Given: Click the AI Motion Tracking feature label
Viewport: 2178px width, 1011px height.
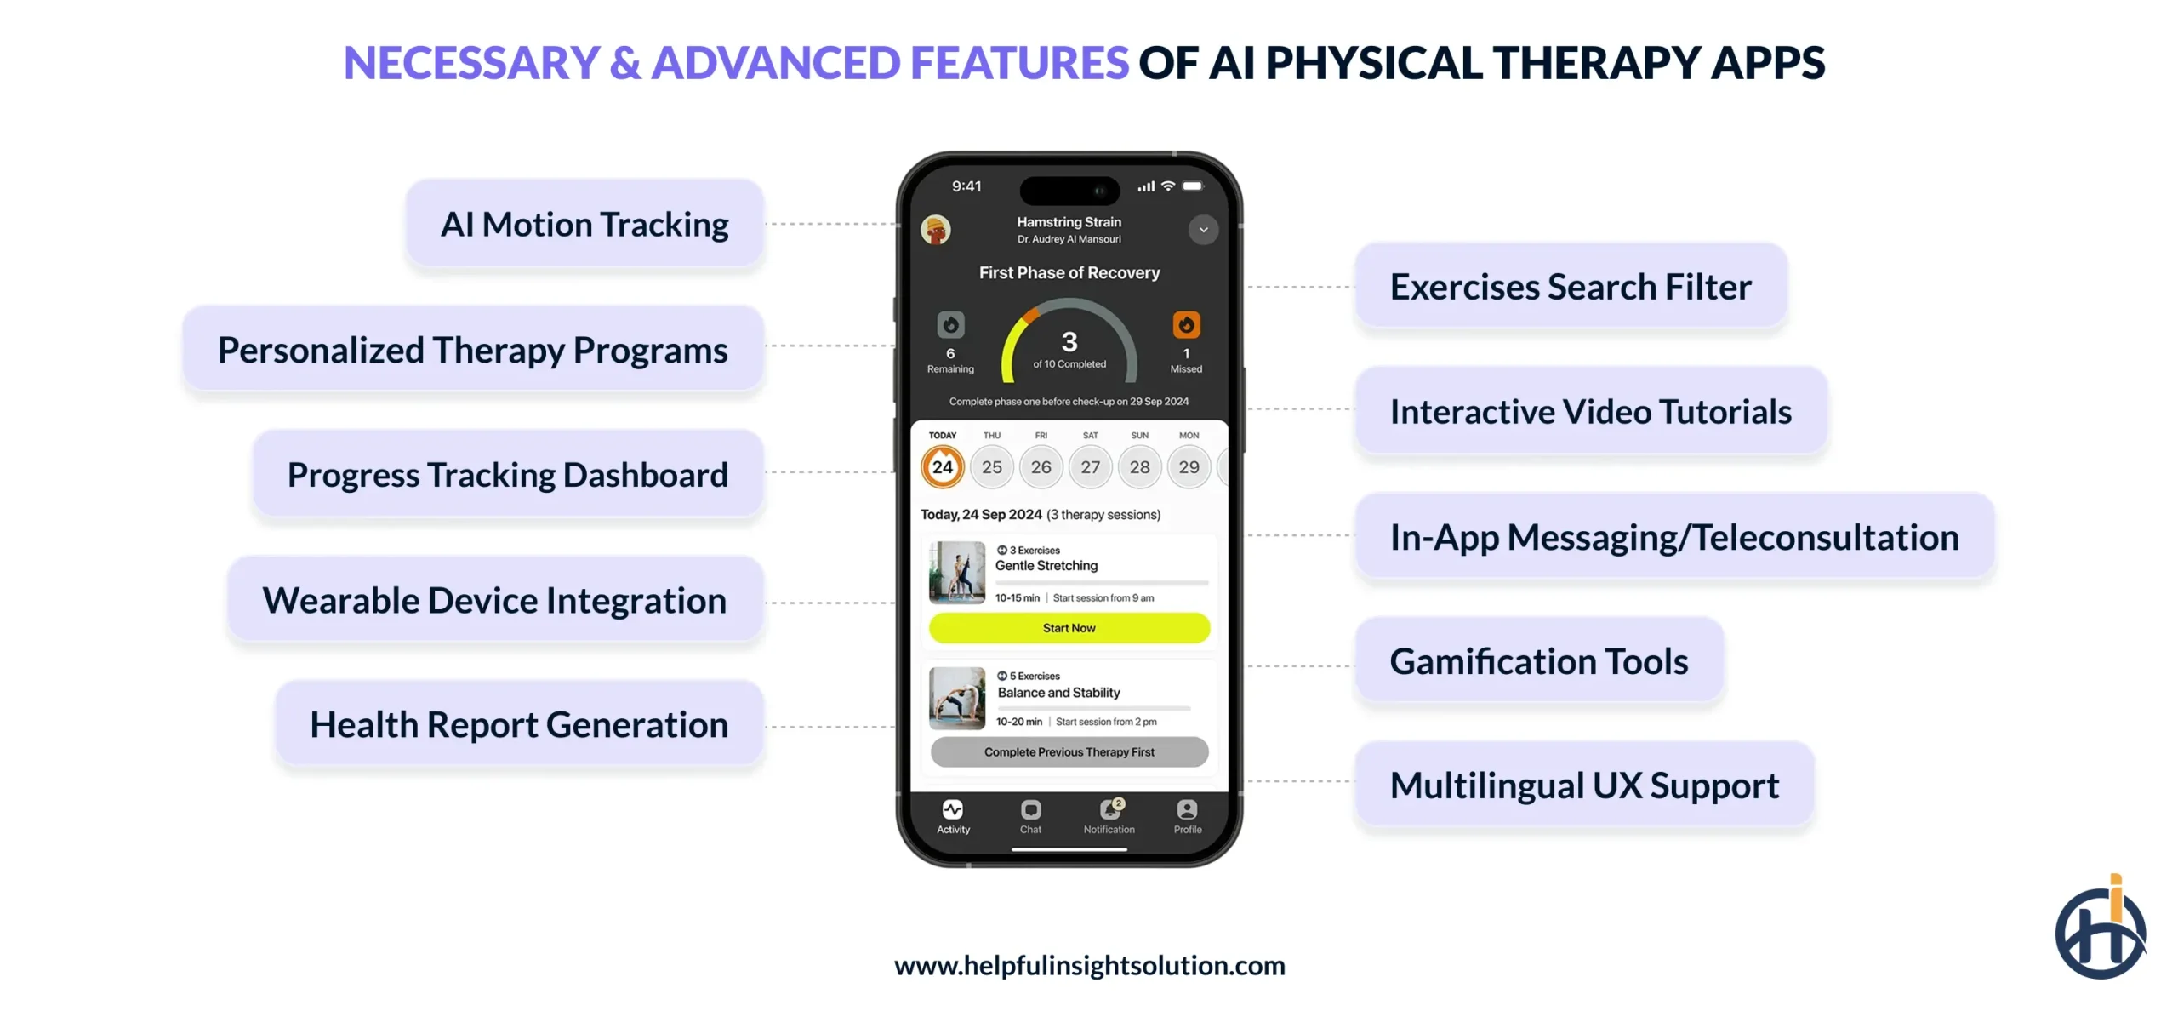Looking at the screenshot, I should click(x=584, y=225).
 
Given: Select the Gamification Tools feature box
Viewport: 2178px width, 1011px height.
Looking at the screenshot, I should click(x=1538, y=661).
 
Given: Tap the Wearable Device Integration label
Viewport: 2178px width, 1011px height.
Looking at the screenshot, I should click(x=494, y=601).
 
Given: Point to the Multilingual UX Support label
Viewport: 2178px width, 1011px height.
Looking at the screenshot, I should click(x=1583, y=785).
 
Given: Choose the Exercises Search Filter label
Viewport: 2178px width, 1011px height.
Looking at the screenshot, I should click(x=1570, y=287).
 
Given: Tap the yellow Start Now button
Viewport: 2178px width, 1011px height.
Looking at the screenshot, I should click(x=1069, y=628).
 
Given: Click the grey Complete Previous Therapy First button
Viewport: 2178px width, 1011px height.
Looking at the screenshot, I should click(x=1069, y=752).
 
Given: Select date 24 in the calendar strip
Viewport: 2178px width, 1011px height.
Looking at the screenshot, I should click(x=942, y=467).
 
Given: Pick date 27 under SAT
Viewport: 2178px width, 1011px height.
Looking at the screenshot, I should click(x=1090, y=467).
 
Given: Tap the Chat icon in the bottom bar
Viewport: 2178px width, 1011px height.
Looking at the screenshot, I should click(x=1030, y=810).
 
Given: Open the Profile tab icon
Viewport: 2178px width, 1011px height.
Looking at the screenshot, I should click(x=1187, y=810).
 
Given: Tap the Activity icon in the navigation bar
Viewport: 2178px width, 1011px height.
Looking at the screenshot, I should click(x=953, y=810).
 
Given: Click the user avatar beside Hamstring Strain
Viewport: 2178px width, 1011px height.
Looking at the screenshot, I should click(x=936, y=230).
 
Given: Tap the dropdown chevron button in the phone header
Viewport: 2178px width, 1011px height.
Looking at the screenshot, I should click(x=1203, y=230).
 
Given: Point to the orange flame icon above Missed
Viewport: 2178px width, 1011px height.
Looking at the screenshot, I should click(x=1186, y=325).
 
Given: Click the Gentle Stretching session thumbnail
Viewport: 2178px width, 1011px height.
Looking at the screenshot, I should click(x=957, y=573).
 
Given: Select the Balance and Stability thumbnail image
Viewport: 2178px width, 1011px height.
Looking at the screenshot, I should click(x=957, y=699).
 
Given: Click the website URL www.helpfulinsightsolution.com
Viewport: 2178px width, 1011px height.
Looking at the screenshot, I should click(x=1089, y=966).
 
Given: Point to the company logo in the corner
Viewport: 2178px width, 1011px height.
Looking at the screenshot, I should click(x=2100, y=929).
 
